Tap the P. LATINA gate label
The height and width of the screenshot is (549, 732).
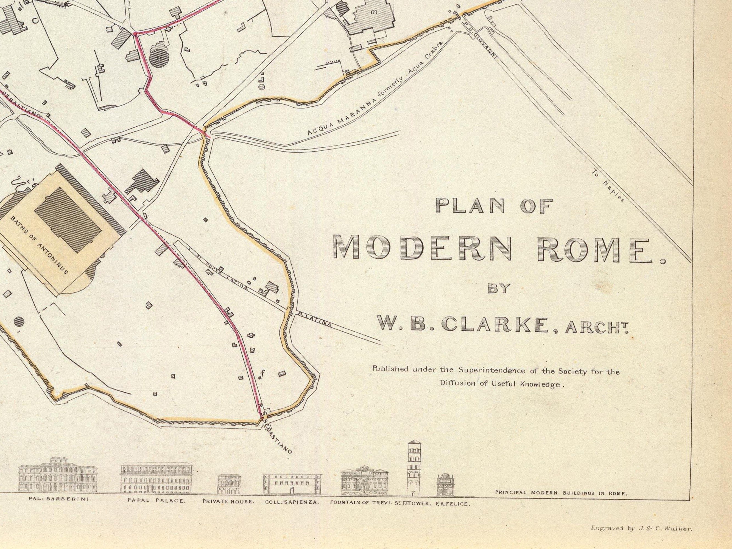pos(314,320)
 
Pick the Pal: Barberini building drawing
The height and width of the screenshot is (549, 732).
pos(58,475)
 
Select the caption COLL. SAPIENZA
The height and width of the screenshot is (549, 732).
pos(292,502)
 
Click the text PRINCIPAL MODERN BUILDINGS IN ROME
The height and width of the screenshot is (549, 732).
pos(561,493)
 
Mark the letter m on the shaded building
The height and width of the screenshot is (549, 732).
pos(374,12)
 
